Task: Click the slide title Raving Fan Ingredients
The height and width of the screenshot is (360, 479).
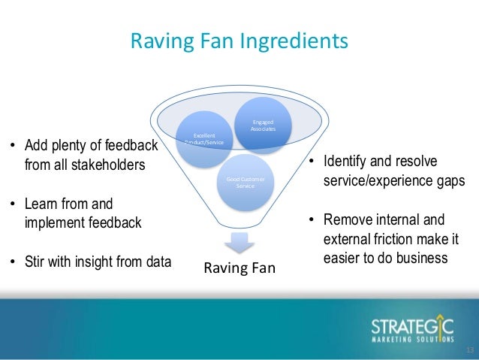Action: [239, 40]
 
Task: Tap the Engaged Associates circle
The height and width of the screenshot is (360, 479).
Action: [263, 126]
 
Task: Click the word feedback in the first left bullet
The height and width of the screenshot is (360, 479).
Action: [127, 144]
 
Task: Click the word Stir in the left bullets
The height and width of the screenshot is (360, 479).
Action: [36, 262]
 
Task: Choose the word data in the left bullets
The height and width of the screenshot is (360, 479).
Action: [155, 262]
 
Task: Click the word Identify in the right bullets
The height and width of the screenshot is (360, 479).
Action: [346, 162]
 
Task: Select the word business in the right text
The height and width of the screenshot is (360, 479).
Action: [422, 258]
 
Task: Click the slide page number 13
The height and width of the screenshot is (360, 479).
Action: [470, 351]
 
